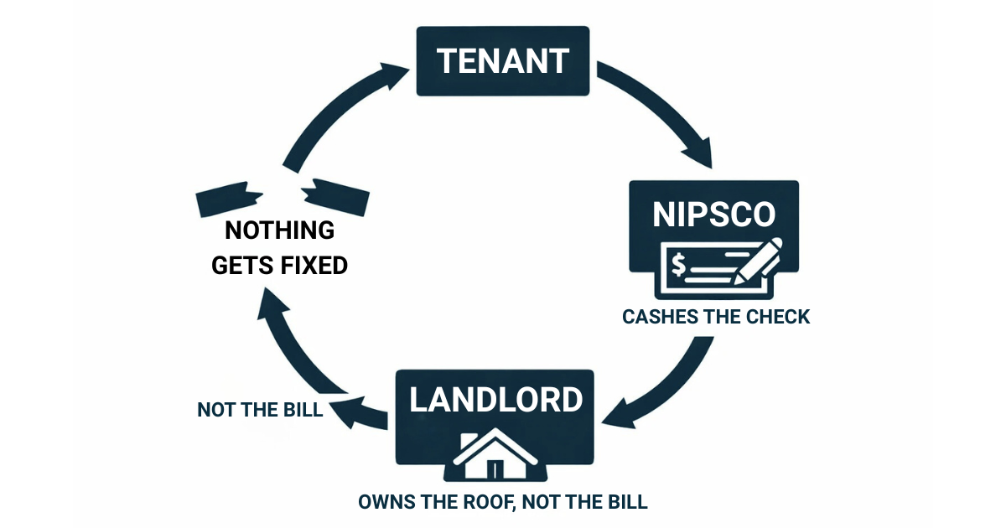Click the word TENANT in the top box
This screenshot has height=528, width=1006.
click(503, 61)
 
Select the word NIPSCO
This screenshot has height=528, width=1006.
click(714, 215)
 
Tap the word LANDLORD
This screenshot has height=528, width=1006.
click(495, 400)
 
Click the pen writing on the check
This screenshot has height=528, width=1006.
click(759, 260)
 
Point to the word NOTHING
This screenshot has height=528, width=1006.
click(279, 230)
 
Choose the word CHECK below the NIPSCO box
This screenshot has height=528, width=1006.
click(777, 317)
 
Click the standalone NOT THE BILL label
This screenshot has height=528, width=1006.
click(260, 410)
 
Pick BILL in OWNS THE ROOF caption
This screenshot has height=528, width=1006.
click(625, 502)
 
